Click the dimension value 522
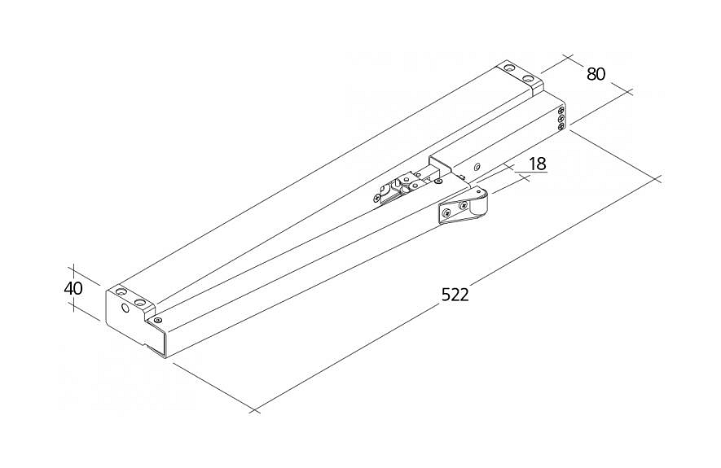[x=455, y=295]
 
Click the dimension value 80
[x=596, y=73]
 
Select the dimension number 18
[x=537, y=163]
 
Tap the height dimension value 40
[x=74, y=288]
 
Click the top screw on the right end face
[x=561, y=109]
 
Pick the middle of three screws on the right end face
[x=561, y=118]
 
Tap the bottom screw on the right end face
[x=561, y=126]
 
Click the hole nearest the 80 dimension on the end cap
[x=529, y=79]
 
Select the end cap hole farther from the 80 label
[x=509, y=68]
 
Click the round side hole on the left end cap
[x=126, y=308]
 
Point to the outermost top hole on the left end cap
[x=121, y=290]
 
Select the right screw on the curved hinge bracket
[x=464, y=206]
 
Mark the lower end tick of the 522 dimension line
[x=255, y=410]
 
